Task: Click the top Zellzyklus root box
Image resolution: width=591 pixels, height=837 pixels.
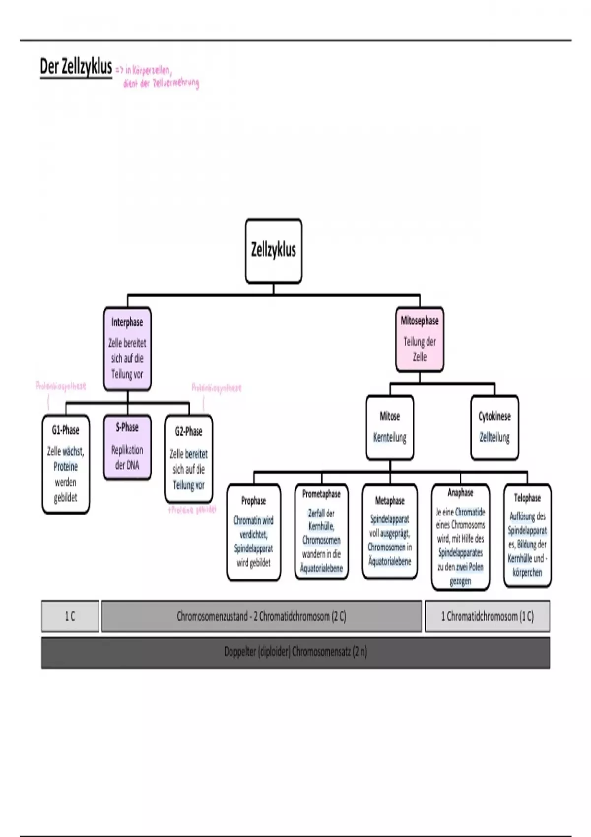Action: pyautogui.click(x=273, y=251)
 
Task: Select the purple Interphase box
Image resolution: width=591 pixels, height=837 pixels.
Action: pyautogui.click(x=127, y=349)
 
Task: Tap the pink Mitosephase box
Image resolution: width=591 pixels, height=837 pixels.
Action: pyautogui.click(x=420, y=339)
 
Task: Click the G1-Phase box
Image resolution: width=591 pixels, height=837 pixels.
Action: pyautogui.click(x=66, y=464)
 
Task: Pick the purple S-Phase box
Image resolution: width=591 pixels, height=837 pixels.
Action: pyautogui.click(x=127, y=447)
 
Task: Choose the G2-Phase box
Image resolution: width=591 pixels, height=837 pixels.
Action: pyautogui.click(x=189, y=458)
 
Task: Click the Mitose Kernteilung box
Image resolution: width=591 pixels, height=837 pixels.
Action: pyautogui.click(x=390, y=427)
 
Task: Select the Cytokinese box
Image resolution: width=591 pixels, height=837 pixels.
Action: pyautogui.click(x=494, y=427)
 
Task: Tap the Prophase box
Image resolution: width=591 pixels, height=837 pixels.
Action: pyautogui.click(x=254, y=532)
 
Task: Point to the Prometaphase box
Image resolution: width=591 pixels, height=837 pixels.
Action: pyautogui.click(x=322, y=532)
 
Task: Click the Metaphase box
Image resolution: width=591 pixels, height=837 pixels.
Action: pyautogui.click(x=390, y=532)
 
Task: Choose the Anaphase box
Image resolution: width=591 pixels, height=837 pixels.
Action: pyautogui.click(x=460, y=537)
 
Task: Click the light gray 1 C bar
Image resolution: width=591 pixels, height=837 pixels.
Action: pyautogui.click(x=70, y=616)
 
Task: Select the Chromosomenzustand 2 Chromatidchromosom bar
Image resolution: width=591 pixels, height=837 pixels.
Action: pyautogui.click(x=262, y=616)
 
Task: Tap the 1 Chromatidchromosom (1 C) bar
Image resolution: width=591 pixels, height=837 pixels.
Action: pyautogui.click(x=487, y=616)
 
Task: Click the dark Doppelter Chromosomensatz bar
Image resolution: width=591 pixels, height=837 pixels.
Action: pyautogui.click(x=295, y=652)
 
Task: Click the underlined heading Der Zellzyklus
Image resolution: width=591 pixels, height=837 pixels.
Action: pyautogui.click(x=76, y=67)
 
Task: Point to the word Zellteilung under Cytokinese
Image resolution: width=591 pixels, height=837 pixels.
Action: pyautogui.click(x=494, y=437)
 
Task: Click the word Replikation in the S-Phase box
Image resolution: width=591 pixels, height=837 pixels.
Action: pyautogui.click(x=127, y=450)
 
